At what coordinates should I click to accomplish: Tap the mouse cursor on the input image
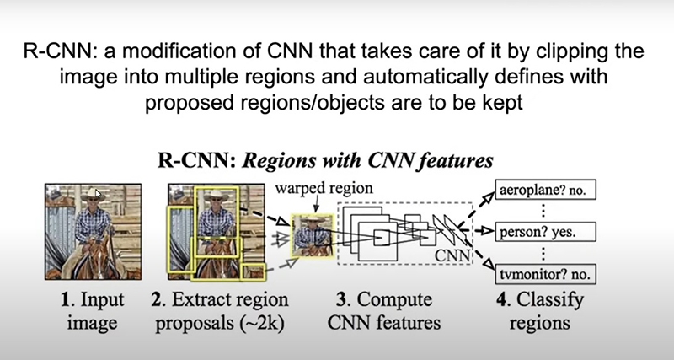[98, 194]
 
